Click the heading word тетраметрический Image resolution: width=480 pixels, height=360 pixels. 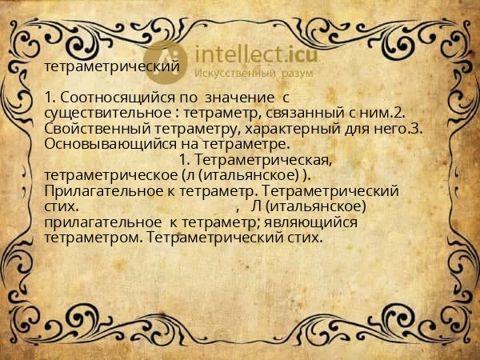[x=111, y=66]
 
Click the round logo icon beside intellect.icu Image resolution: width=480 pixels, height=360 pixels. [x=166, y=59]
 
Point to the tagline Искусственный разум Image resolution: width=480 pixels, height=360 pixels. [x=249, y=74]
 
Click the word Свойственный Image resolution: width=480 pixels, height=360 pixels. [x=95, y=130]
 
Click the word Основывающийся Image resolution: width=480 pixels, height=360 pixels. [x=108, y=145]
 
